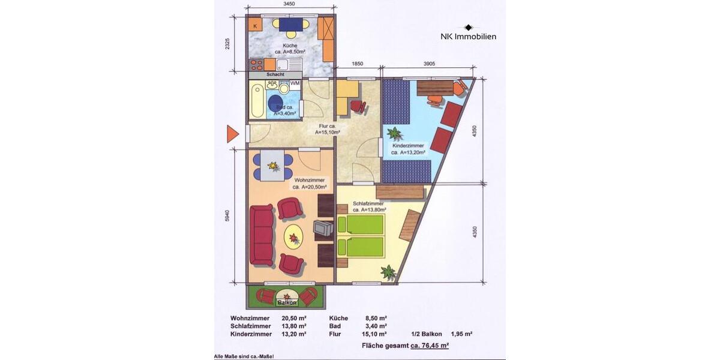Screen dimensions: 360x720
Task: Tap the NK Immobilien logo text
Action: click(x=468, y=37)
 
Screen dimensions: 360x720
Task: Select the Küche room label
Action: click(x=290, y=46)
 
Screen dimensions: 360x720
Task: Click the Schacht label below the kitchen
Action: click(x=267, y=74)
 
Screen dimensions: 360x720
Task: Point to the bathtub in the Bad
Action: click(x=256, y=101)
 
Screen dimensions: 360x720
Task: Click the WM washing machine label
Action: click(x=295, y=83)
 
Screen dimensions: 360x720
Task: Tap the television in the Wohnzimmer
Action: click(x=323, y=229)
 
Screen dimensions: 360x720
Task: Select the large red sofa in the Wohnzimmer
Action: click(x=262, y=235)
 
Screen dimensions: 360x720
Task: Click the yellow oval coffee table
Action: click(x=293, y=238)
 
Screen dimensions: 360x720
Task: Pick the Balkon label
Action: click(x=287, y=302)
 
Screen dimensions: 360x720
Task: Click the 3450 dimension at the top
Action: click(x=289, y=4)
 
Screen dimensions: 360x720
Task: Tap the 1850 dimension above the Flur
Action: click(x=357, y=64)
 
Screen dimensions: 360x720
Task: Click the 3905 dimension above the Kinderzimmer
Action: click(x=429, y=64)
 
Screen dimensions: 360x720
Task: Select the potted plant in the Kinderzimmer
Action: click(x=395, y=133)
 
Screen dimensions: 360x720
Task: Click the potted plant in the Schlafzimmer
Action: click(x=389, y=272)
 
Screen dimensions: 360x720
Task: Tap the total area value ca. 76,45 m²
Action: click(x=430, y=346)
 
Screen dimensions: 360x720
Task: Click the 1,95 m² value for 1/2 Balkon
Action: click(x=461, y=334)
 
